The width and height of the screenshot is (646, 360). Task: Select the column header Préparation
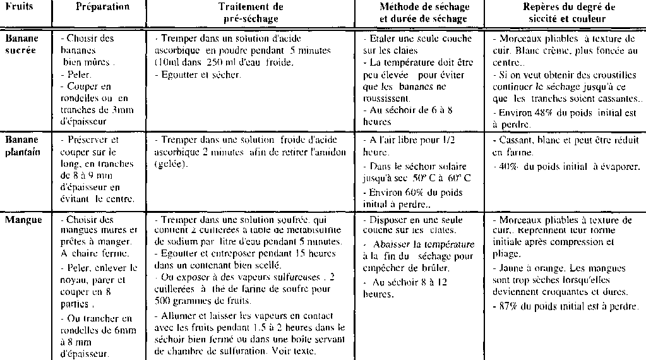click(x=102, y=7)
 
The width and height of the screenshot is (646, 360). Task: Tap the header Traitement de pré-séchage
click(x=251, y=13)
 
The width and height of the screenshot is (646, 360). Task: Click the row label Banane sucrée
click(x=21, y=44)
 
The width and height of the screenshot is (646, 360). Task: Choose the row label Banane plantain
click(x=22, y=145)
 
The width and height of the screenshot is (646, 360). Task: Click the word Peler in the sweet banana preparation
click(x=80, y=75)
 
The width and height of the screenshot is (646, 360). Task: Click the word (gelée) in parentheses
click(x=170, y=164)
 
